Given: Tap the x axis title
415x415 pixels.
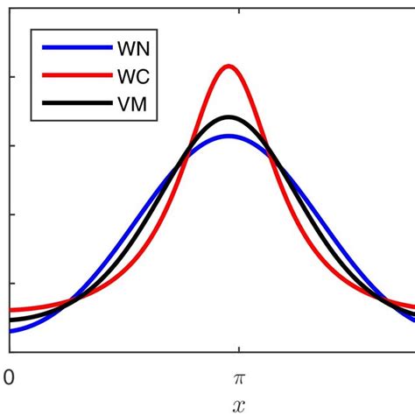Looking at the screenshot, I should (x=237, y=404).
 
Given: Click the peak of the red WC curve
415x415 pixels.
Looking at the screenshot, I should (x=229, y=66).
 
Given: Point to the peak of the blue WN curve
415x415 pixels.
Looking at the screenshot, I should (x=229, y=136).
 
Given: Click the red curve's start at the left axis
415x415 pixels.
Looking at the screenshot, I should (x=11, y=310).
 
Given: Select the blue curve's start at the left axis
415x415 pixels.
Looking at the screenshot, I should (x=11, y=330).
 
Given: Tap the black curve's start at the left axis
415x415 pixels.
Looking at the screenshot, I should (x=11, y=320).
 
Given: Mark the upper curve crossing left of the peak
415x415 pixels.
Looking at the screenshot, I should (x=186, y=158).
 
